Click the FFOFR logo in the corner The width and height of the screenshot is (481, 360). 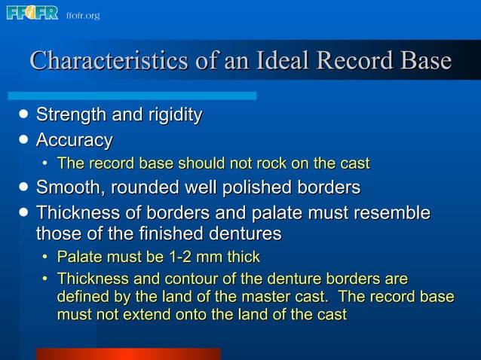[32, 13]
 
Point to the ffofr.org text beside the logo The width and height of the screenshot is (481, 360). [83, 15]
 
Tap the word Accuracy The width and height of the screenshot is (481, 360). [75, 140]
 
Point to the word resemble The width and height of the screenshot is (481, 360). [388, 213]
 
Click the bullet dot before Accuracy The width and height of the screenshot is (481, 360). [24, 140]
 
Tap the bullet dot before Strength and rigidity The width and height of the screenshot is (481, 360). [24, 115]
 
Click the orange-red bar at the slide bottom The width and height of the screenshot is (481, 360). [128, 353]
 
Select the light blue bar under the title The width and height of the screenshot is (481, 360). [132, 96]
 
